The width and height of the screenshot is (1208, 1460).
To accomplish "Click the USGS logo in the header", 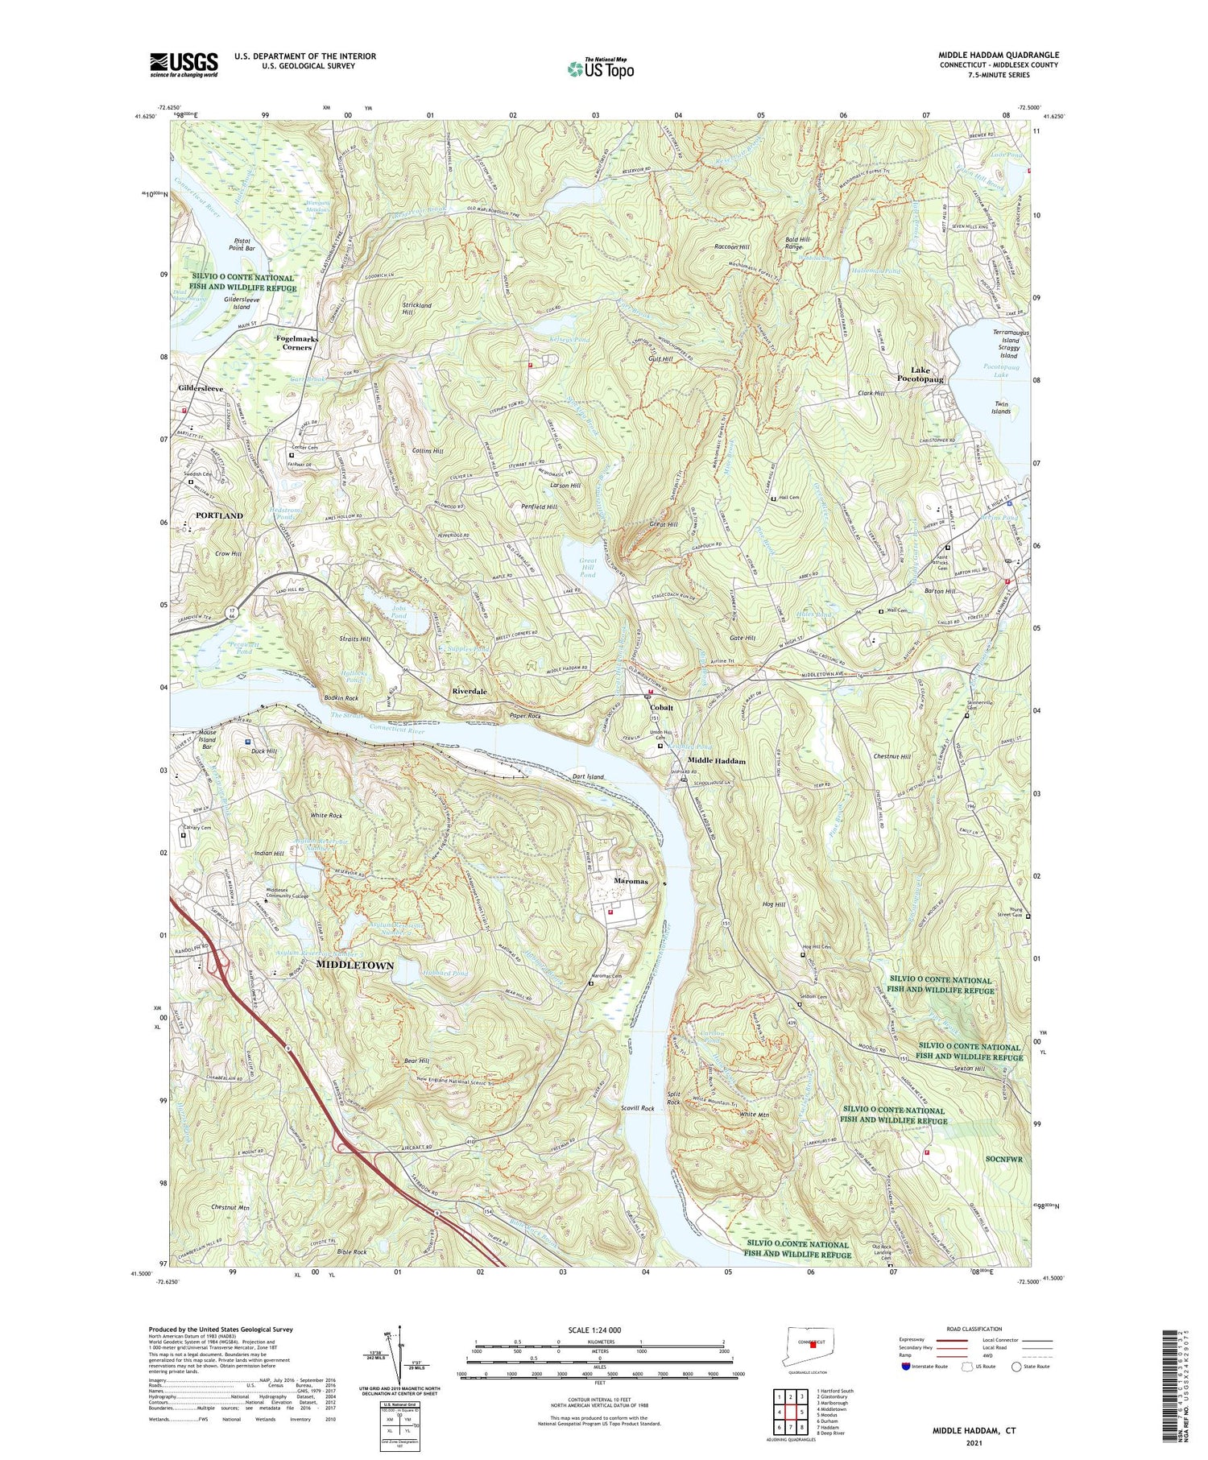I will click(184, 64).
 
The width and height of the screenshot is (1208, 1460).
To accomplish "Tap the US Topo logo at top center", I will click(600, 68).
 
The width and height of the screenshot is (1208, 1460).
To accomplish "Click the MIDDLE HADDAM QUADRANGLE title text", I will click(998, 55).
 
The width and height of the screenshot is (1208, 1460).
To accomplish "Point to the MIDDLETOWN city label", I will click(355, 965).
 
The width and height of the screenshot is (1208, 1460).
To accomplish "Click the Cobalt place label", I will click(662, 707).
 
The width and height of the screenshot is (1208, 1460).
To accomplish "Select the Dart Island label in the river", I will click(588, 776).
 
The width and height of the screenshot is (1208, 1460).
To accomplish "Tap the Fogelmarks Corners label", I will click(297, 343).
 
